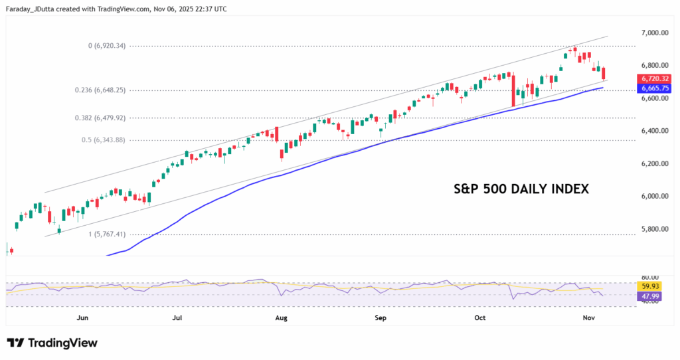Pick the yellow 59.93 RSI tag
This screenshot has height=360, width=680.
[650, 287]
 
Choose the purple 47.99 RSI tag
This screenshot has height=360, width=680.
[650, 296]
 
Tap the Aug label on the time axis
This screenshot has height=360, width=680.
[280, 318]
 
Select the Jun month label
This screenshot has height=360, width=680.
[82, 318]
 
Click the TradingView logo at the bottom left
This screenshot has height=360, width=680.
[52, 343]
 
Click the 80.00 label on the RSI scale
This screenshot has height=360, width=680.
[650, 277]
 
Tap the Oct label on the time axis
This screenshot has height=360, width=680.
[480, 318]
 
